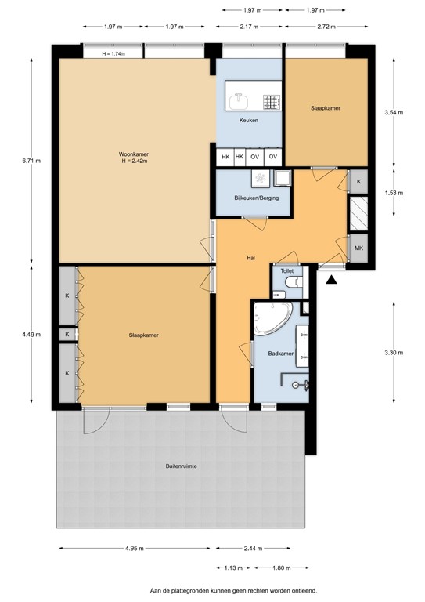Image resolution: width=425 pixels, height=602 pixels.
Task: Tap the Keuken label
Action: coord(248,120)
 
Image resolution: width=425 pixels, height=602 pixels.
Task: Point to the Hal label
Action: coord(251,257)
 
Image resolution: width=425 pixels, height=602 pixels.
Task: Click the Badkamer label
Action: coord(280,354)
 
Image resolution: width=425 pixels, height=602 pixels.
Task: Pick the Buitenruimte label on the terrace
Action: coord(181,466)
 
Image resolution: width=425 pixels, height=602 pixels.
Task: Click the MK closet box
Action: coord(358,248)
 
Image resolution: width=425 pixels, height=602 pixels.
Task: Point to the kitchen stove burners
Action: coord(272,100)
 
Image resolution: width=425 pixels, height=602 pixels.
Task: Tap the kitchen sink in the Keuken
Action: coord(239,100)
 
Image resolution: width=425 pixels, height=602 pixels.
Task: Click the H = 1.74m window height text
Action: coord(118,53)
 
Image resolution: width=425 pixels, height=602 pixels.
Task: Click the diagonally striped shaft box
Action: coord(358,212)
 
